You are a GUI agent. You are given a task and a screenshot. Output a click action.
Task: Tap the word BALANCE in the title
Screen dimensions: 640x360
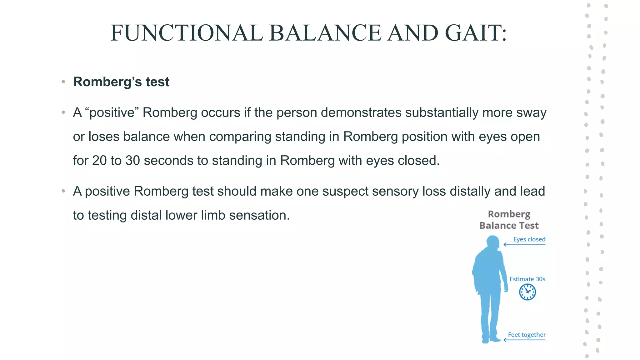click(325, 33)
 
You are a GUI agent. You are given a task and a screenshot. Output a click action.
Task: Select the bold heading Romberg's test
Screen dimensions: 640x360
click(121, 82)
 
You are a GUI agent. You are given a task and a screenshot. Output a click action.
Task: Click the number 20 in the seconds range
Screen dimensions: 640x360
click(99, 161)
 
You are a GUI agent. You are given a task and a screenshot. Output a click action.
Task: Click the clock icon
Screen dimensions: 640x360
click(527, 292)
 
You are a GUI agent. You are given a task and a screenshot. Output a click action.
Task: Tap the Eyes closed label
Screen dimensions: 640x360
click(529, 239)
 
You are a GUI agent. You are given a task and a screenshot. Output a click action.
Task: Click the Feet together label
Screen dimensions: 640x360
click(527, 335)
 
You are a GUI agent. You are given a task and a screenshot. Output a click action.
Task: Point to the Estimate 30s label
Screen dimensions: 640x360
click(527, 279)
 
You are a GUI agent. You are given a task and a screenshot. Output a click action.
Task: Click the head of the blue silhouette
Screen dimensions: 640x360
click(493, 242)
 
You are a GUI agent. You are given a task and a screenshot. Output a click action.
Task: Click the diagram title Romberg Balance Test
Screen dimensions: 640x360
click(509, 220)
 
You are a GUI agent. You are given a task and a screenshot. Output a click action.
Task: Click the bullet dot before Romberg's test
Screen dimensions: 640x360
click(63, 82)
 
